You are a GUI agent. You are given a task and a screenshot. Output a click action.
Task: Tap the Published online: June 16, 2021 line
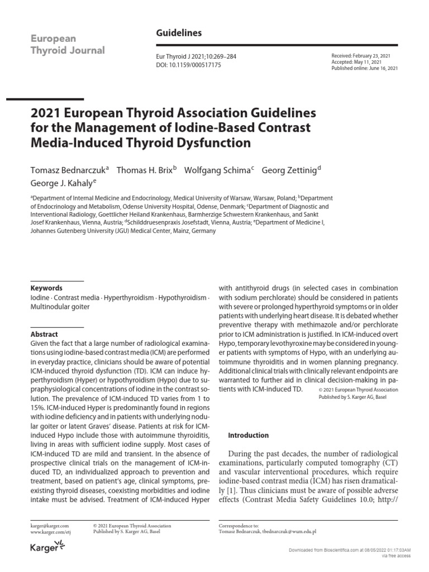(x=365, y=68)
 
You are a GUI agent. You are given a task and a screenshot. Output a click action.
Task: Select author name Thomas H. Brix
(x=144, y=170)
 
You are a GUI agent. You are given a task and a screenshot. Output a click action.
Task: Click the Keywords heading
(x=46, y=288)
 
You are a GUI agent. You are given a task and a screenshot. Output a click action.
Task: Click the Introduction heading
(x=249, y=435)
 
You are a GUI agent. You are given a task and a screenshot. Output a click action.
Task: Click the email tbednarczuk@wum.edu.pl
(x=294, y=532)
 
